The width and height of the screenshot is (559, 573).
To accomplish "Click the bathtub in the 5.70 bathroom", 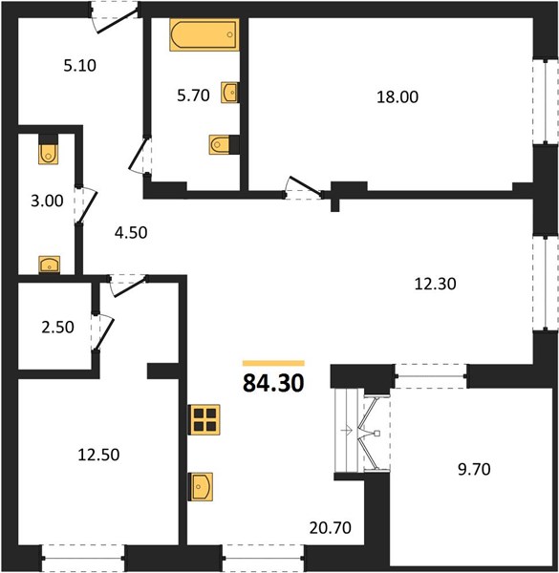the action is (204, 34).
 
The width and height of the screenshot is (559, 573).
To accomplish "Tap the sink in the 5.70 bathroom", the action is (230, 92).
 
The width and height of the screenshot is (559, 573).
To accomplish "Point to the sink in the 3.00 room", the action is (50, 265).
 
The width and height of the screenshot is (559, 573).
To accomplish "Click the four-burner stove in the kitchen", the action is (204, 419).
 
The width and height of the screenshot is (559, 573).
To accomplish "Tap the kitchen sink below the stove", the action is (201, 487).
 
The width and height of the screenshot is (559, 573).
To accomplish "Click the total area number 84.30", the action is (273, 383).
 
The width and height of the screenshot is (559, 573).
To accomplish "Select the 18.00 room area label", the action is (398, 97).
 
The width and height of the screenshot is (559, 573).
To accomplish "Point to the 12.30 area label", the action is (435, 284).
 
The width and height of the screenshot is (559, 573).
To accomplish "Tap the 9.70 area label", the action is (474, 469).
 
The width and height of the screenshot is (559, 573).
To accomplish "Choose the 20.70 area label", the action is (330, 528).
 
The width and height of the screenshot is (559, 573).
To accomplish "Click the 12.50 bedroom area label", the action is (98, 455).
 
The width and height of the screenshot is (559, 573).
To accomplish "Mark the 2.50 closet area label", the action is (57, 328).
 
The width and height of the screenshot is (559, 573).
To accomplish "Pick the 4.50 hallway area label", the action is (131, 233).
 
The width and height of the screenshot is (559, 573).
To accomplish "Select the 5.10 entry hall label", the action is (79, 66).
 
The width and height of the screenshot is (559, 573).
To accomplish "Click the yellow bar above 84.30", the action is (273, 363).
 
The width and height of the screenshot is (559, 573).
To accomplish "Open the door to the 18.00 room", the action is (305, 187).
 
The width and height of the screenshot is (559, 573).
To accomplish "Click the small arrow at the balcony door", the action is (346, 430).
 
